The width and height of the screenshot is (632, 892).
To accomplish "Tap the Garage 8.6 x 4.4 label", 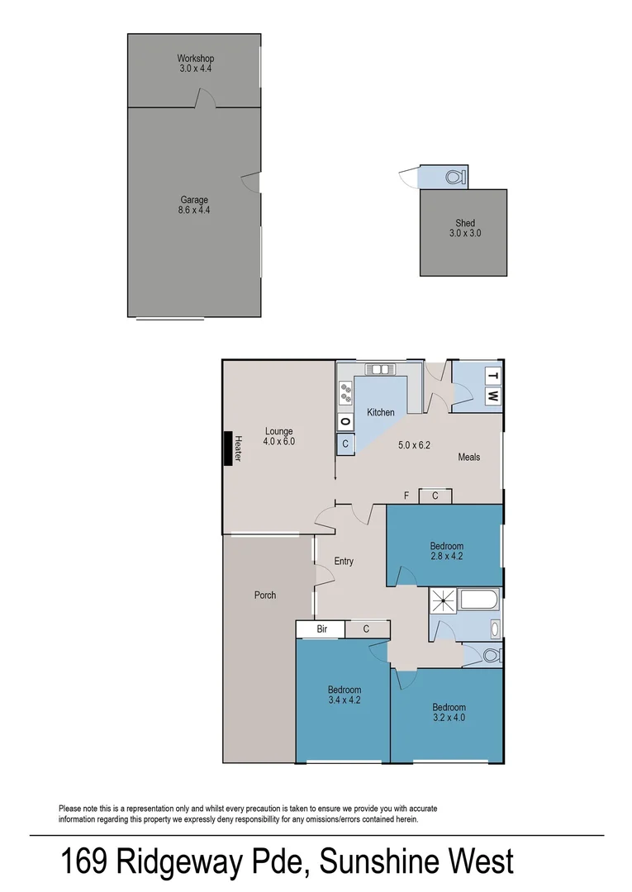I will pyautogui.click(x=195, y=205).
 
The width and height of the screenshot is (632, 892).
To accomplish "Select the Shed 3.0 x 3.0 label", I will pyautogui.click(x=463, y=228).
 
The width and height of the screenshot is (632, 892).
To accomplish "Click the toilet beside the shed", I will pyautogui.click(x=453, y=177).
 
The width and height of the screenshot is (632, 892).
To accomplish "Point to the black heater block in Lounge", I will pyautogui.click(x=226, y=448).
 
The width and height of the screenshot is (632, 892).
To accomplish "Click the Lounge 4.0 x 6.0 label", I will pyautogui.click(x=278, y=436).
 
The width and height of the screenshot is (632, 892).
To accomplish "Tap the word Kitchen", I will pyautogui.click(x=381, y=412).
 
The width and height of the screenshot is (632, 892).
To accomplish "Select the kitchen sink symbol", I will pyautogui.click(x=381, y=369).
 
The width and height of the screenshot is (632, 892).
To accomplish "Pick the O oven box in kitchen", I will pyautogui.click(x=345, y=422).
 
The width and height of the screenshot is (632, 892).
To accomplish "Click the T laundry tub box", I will pyautogui.click(x=492, y=377).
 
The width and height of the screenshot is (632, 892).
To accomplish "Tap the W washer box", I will pyautogui.click(x=492, y=396).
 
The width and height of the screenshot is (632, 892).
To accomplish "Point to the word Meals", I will pyautogui.click(x=468, y=457).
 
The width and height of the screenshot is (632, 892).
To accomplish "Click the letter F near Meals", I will pyautogui.click(x=406, y=496).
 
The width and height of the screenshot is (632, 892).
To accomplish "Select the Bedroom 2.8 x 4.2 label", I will pyautogui.click(x=446, y=551).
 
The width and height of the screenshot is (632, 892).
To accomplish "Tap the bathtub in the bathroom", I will pyautogui.click(x=478, y=601).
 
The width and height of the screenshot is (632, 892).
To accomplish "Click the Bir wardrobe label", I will pyautogui.click(x=323, y=629).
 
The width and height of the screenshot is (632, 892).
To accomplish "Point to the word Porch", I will pyautogui.click(x=265, y=595).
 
